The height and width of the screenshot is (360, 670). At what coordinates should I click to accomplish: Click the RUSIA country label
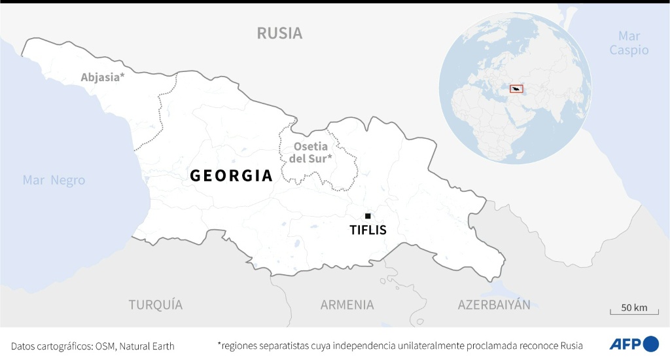(x=279, y=33)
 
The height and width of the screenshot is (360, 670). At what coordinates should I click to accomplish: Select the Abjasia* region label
(x=102, y=77)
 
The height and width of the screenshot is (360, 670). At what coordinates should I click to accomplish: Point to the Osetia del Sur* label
(x=311, y=152)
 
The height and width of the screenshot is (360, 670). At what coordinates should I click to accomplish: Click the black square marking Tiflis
(x=368, y=216)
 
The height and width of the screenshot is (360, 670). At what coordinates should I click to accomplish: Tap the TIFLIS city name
(x=368, y=230)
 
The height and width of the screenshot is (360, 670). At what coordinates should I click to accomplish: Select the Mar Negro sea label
(x=54, y=181)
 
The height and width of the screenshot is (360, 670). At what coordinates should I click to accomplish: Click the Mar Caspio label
(x=629, y=43)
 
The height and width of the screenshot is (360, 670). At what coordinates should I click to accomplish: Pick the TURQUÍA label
(x=155, y=304)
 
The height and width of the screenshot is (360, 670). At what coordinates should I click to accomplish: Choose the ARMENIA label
(x=347, y=304)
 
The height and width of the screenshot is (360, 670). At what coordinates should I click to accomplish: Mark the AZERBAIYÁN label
(x=494, y=304)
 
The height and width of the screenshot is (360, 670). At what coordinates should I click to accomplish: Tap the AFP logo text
(x=624, y=344)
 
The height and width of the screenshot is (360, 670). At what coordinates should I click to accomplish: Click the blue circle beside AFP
(x=651, y=344)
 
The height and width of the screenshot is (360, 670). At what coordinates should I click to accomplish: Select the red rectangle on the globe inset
(x=516, y=88)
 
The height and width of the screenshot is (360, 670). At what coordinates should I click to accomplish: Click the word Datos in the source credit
(x=24, y=346)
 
